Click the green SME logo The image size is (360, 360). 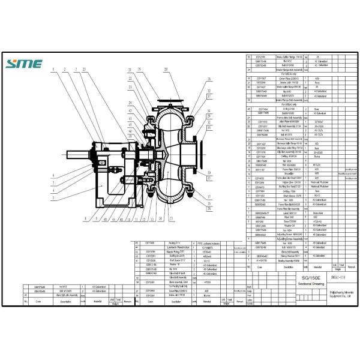(25, 64)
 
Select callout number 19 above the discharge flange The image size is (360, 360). (139, 70)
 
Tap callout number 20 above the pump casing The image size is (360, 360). (167, 70)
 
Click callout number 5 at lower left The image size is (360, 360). (53, 197)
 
